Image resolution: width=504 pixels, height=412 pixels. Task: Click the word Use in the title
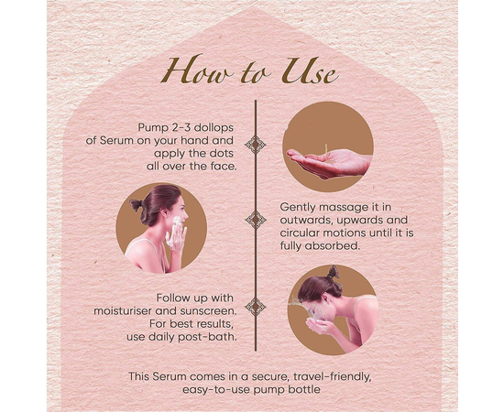(309, 71)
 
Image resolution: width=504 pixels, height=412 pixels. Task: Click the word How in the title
(196, 70)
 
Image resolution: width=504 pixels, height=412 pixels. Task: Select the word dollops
(214, 128)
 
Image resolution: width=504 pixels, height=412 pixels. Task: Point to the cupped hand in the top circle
(329, 163)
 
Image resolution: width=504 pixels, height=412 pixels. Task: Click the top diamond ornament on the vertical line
(256, 145)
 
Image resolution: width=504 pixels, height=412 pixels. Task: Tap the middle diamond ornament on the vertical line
(256, 220)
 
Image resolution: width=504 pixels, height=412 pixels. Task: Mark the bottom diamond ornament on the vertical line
(256, 307)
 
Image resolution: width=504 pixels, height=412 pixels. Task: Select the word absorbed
(331, 246)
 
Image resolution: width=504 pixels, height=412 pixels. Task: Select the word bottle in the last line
(304, 390)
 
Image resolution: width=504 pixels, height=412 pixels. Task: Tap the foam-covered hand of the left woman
(176, 233)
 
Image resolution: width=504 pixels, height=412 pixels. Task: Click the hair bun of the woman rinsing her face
(333, 272)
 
